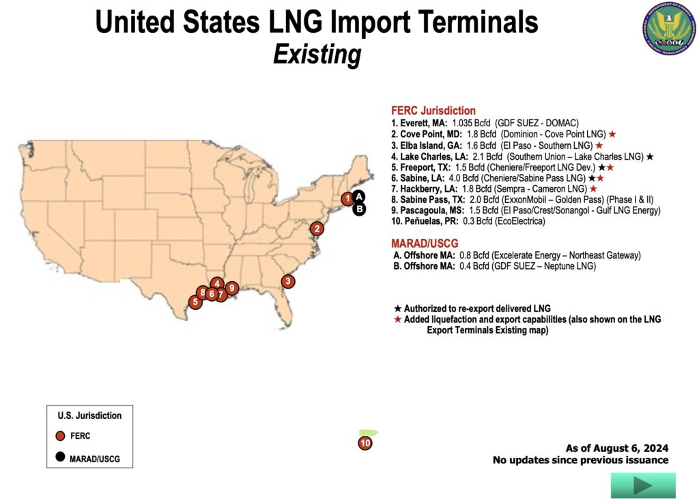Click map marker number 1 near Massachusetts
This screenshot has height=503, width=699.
347,199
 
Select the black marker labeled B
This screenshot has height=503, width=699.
359,210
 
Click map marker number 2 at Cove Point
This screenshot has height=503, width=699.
317,229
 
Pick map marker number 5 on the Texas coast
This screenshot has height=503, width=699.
195,302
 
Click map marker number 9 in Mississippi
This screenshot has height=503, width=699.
231,288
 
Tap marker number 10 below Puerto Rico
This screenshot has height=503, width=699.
365,444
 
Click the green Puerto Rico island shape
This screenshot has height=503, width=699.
368,433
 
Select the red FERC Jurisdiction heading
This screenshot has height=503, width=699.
433,111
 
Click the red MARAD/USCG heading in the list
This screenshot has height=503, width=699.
425,244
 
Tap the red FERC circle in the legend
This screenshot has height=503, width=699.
61,436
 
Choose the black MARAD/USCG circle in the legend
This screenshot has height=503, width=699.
61,458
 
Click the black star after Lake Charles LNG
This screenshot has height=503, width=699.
650,156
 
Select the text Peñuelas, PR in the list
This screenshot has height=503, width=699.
423,221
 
